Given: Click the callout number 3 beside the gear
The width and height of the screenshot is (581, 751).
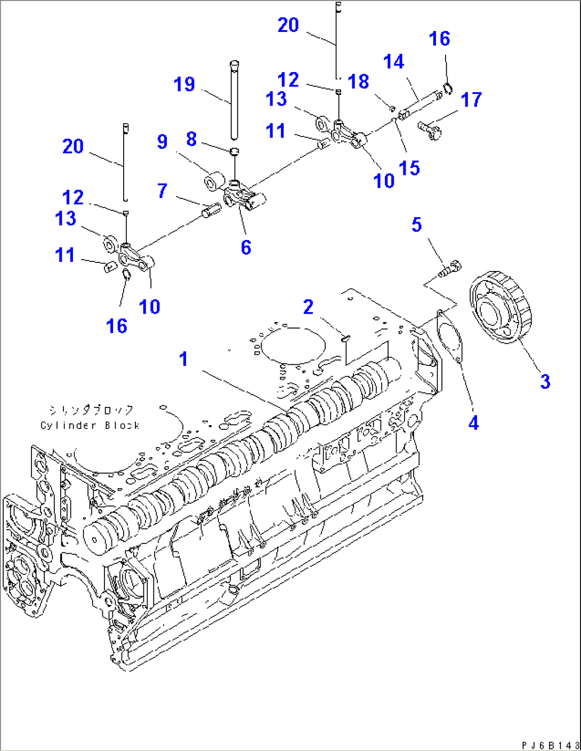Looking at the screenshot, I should (545, 381).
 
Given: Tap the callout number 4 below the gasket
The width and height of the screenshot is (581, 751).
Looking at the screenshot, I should (473, 423).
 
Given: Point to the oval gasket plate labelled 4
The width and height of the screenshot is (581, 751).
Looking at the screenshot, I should (449, 336).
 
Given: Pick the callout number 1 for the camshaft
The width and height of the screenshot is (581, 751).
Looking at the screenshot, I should (183, 359).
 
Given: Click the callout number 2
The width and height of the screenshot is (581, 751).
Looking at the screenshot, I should (308, 307).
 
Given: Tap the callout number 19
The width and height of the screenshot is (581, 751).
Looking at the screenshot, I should (184, 84).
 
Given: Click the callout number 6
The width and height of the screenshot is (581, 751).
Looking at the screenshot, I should (246, 247).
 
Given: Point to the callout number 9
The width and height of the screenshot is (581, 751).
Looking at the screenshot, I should (162, 141).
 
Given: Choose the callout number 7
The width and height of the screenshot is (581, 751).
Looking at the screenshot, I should (163, 191).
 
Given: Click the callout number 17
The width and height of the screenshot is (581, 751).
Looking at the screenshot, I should (471, 100).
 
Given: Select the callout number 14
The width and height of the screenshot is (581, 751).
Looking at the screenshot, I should (393, 62).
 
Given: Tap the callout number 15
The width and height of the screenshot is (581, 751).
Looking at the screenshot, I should (409, 168).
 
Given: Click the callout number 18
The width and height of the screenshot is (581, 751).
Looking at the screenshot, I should (358, 82).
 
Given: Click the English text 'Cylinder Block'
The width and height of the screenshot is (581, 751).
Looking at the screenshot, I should (90, 425).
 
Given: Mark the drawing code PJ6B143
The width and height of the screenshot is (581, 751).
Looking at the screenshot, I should (550, 745).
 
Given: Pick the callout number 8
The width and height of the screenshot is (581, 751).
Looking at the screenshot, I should (191, 139).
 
